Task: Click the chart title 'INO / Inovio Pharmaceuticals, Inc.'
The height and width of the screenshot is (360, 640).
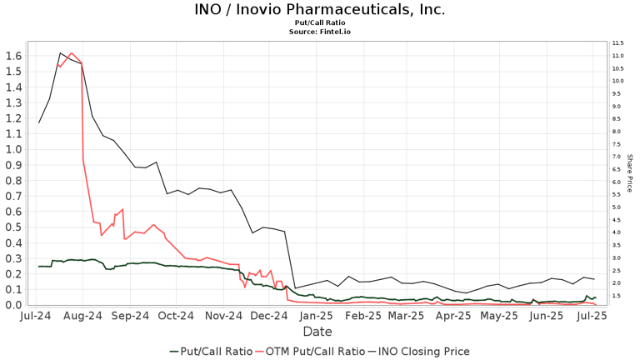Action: click(x=320, y=10)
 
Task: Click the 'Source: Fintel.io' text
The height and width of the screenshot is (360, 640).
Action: click(x=320, y=32)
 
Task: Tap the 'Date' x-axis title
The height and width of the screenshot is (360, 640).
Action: click(x=317, y=332)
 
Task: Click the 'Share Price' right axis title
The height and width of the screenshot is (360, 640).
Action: click(x=630, y=172)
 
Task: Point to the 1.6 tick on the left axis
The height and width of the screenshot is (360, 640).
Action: click(x=13, y=56)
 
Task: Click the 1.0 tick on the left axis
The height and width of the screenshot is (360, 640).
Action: click(x=13, y=149)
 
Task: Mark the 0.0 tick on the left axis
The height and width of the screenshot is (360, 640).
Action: click(x=13, y=305)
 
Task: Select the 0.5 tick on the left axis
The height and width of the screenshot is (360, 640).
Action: click(x=13, y=227)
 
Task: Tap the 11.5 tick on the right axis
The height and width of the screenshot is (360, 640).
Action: click(x=617, y=42)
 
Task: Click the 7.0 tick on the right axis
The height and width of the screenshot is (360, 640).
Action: click(x=617, y=157)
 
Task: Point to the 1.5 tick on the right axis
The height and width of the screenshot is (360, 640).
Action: click(x=617, y=296)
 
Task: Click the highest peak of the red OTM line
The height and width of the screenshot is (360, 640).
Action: click(x=71, y=52)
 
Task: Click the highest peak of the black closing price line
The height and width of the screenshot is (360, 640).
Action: click(x=60, y=53)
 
